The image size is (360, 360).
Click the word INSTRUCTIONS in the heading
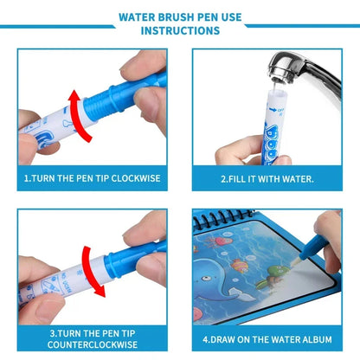click(x=180, y=31)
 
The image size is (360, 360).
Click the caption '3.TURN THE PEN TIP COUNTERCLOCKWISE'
click(x=93, y=338)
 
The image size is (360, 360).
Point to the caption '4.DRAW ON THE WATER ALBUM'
click(x=267, y=338)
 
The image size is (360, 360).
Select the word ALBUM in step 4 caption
click(x=312, y=338)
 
